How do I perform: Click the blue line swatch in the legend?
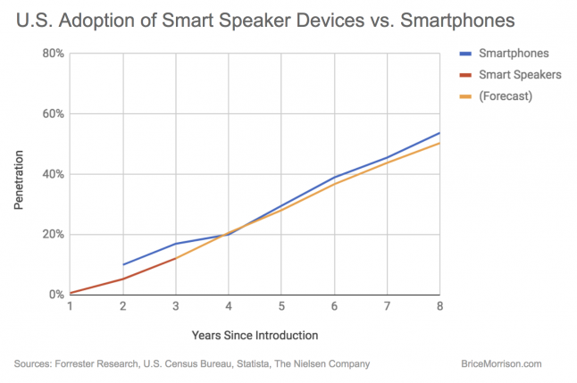(466, 54)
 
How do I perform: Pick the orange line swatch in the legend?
(466, 96)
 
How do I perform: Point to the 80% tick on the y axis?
(51, 54)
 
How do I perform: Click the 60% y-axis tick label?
(51, 114)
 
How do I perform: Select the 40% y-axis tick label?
(51, 174)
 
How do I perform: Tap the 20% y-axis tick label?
(51, 235)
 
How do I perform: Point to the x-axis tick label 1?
(70, 307)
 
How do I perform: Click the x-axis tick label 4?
(229, 307)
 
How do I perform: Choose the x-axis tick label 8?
(439, 307)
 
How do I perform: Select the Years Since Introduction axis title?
(254, 336)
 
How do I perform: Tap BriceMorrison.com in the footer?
(501, 364)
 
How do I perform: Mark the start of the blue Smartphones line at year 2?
(123, 264)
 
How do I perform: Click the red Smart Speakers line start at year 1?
(71, 293)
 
